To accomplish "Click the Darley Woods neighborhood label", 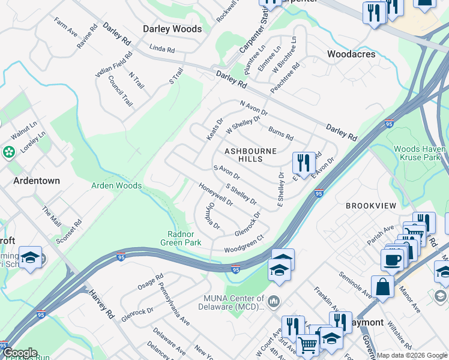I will pos(172,29).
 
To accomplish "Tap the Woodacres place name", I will pos(351,54).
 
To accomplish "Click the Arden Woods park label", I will pos(116,185).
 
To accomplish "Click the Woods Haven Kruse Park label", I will pos(420,153).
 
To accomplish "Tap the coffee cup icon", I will pos(393,259).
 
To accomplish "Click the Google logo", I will pos(19,353).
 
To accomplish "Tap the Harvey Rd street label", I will pos(101,304).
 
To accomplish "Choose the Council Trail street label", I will pos(121,95).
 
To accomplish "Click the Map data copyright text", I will pos(411,355).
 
